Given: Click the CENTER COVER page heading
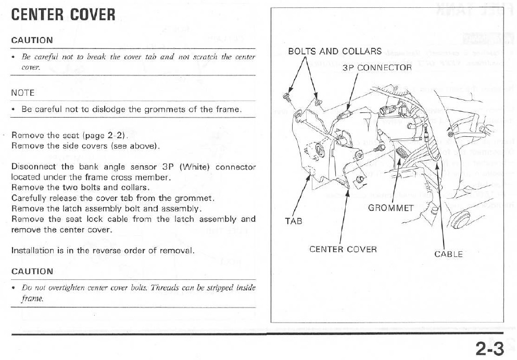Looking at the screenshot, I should (63, 15).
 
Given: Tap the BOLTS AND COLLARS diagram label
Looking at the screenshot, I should (335, 52).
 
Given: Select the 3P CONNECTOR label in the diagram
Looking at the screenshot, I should (377, 68).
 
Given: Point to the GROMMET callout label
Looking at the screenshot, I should (390, 208).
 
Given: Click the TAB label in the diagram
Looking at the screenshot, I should (293, 221).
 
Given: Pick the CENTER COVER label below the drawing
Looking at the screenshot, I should (343, 249).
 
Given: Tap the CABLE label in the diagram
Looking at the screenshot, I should (448, 254).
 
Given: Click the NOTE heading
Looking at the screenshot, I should (22, 93).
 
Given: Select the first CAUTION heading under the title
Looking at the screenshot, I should (32, 40).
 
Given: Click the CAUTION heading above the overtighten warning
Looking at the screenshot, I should (32, 271).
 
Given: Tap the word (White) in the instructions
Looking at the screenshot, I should (195, 167).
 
